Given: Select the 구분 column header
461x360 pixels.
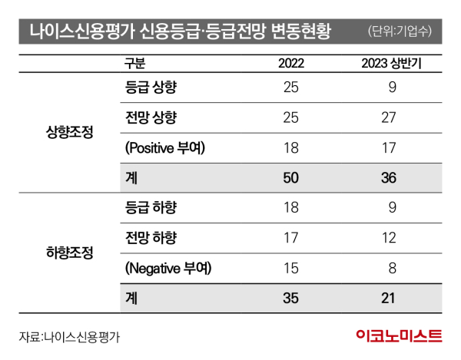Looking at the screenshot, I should coord(134,64).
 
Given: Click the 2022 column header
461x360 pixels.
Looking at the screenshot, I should coord(290,64).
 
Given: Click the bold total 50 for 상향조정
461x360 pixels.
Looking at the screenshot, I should coord(290,177).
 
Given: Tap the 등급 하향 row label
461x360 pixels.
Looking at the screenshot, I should coord(151,207).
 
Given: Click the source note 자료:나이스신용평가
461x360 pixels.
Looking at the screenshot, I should coord(70,335).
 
